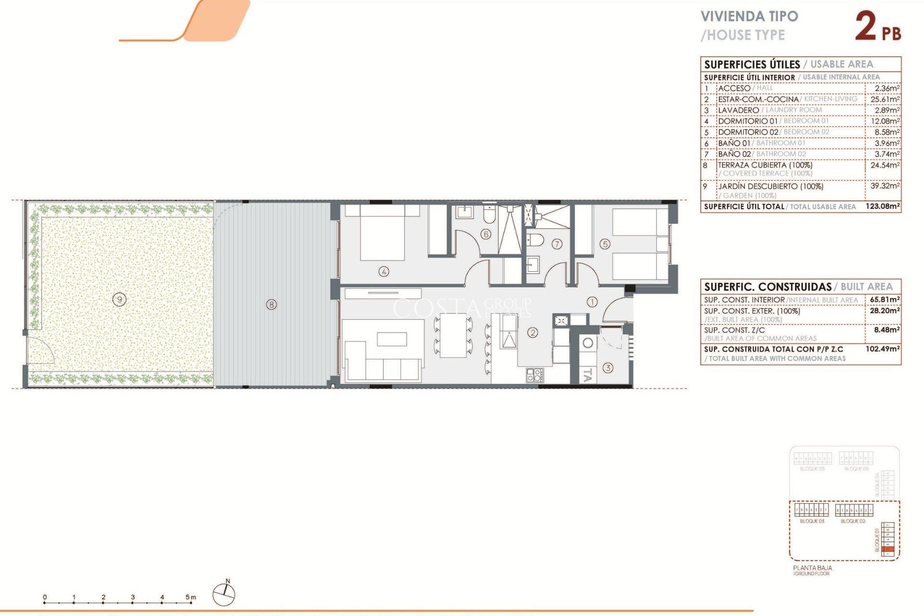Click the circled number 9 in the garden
pyautogui.click(x=119, y=300)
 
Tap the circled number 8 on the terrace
pyautogui.click(x=271, y=305)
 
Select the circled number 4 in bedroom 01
pyautogui.click(x=384, y=271)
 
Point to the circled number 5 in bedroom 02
pyautogui.click(x=605, y=244)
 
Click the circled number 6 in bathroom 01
pyautogui.click(x=486, y=234)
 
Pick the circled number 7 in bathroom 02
pyautogui.click(x=557, y=244)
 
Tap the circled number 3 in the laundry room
pyautogui.click(x=608, y=368)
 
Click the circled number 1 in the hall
pyautogui.click(x=592, y=302)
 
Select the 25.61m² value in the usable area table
pyautogui.click(x=885, y=99)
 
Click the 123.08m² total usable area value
pyautogui.click(x=883, y=206)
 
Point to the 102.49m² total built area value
pyautogui.click(x=883, y=349)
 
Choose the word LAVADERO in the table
pyautogui.click(x=738, y=110)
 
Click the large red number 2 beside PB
pyautogui.click(x=866, y=27)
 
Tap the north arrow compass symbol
pyautogui.click(x=224, y=594)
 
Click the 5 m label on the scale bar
pyautogui.click(x=191, y=597)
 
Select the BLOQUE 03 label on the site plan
pyautogui.click(x=812, y=521)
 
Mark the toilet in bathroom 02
pyautogui.click(x=536, y=239)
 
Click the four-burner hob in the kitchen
pyautogui.click(x=534, y=375)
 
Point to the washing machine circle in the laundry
pyautogui.click(x=588, y=343)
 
